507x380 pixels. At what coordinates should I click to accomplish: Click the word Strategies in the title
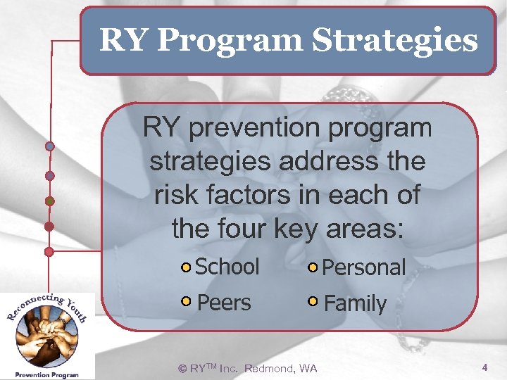tap(395, 41)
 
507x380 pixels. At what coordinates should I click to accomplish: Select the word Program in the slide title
tap(231, 41)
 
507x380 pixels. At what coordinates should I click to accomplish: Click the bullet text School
tap(227, 267)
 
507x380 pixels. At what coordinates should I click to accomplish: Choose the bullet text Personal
tap(363, 267)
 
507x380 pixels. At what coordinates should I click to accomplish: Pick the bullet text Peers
tap(224, 303)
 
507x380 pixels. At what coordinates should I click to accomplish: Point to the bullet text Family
tap(355, 304)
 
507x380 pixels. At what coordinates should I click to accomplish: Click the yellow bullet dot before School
tap(186, 267)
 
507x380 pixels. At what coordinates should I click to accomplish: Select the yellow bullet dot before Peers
tap(186, 302)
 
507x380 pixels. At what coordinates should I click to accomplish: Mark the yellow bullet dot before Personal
tap(313, 267)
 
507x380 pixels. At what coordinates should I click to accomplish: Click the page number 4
tap(484, 367)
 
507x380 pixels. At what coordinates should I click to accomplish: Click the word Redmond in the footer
tap(270, 369)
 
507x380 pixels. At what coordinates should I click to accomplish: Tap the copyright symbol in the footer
tap(182, 369)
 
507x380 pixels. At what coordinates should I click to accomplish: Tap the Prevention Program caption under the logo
tap(48, 375)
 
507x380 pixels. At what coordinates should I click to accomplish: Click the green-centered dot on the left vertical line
tap(49, 201)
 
